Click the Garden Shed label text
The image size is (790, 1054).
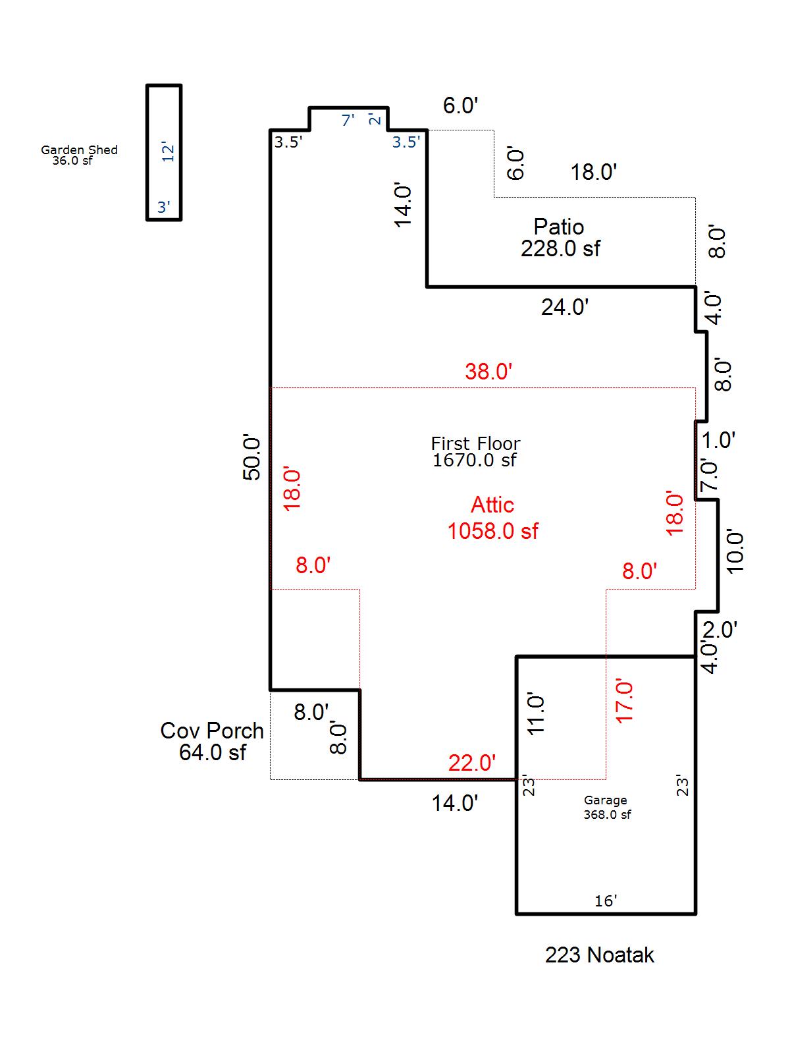pos(79,155)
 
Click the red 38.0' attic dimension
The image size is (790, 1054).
pos(488,372)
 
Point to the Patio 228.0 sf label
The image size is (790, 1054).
pos(560,237)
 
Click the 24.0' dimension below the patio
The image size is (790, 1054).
pos(564,307)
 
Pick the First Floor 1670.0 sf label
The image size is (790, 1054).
pos(475,451)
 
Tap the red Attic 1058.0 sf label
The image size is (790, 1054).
pos(492,518)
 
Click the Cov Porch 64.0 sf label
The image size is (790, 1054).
pos(212,741)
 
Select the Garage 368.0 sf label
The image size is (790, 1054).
pos(606,807)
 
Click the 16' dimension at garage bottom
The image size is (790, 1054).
pos(606,901)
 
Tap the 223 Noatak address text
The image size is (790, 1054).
pos(599,955)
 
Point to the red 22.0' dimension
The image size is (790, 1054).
pos(472,763)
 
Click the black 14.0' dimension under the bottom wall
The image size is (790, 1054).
pos(455,803)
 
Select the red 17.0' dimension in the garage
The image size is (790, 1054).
pos(624,702)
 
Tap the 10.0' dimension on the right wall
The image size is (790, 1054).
pos(735,551)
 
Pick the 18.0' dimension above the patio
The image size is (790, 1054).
pos(593,173)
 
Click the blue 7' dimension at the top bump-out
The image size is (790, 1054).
pos(348,120)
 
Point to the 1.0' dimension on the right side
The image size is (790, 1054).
pos(718,440)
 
